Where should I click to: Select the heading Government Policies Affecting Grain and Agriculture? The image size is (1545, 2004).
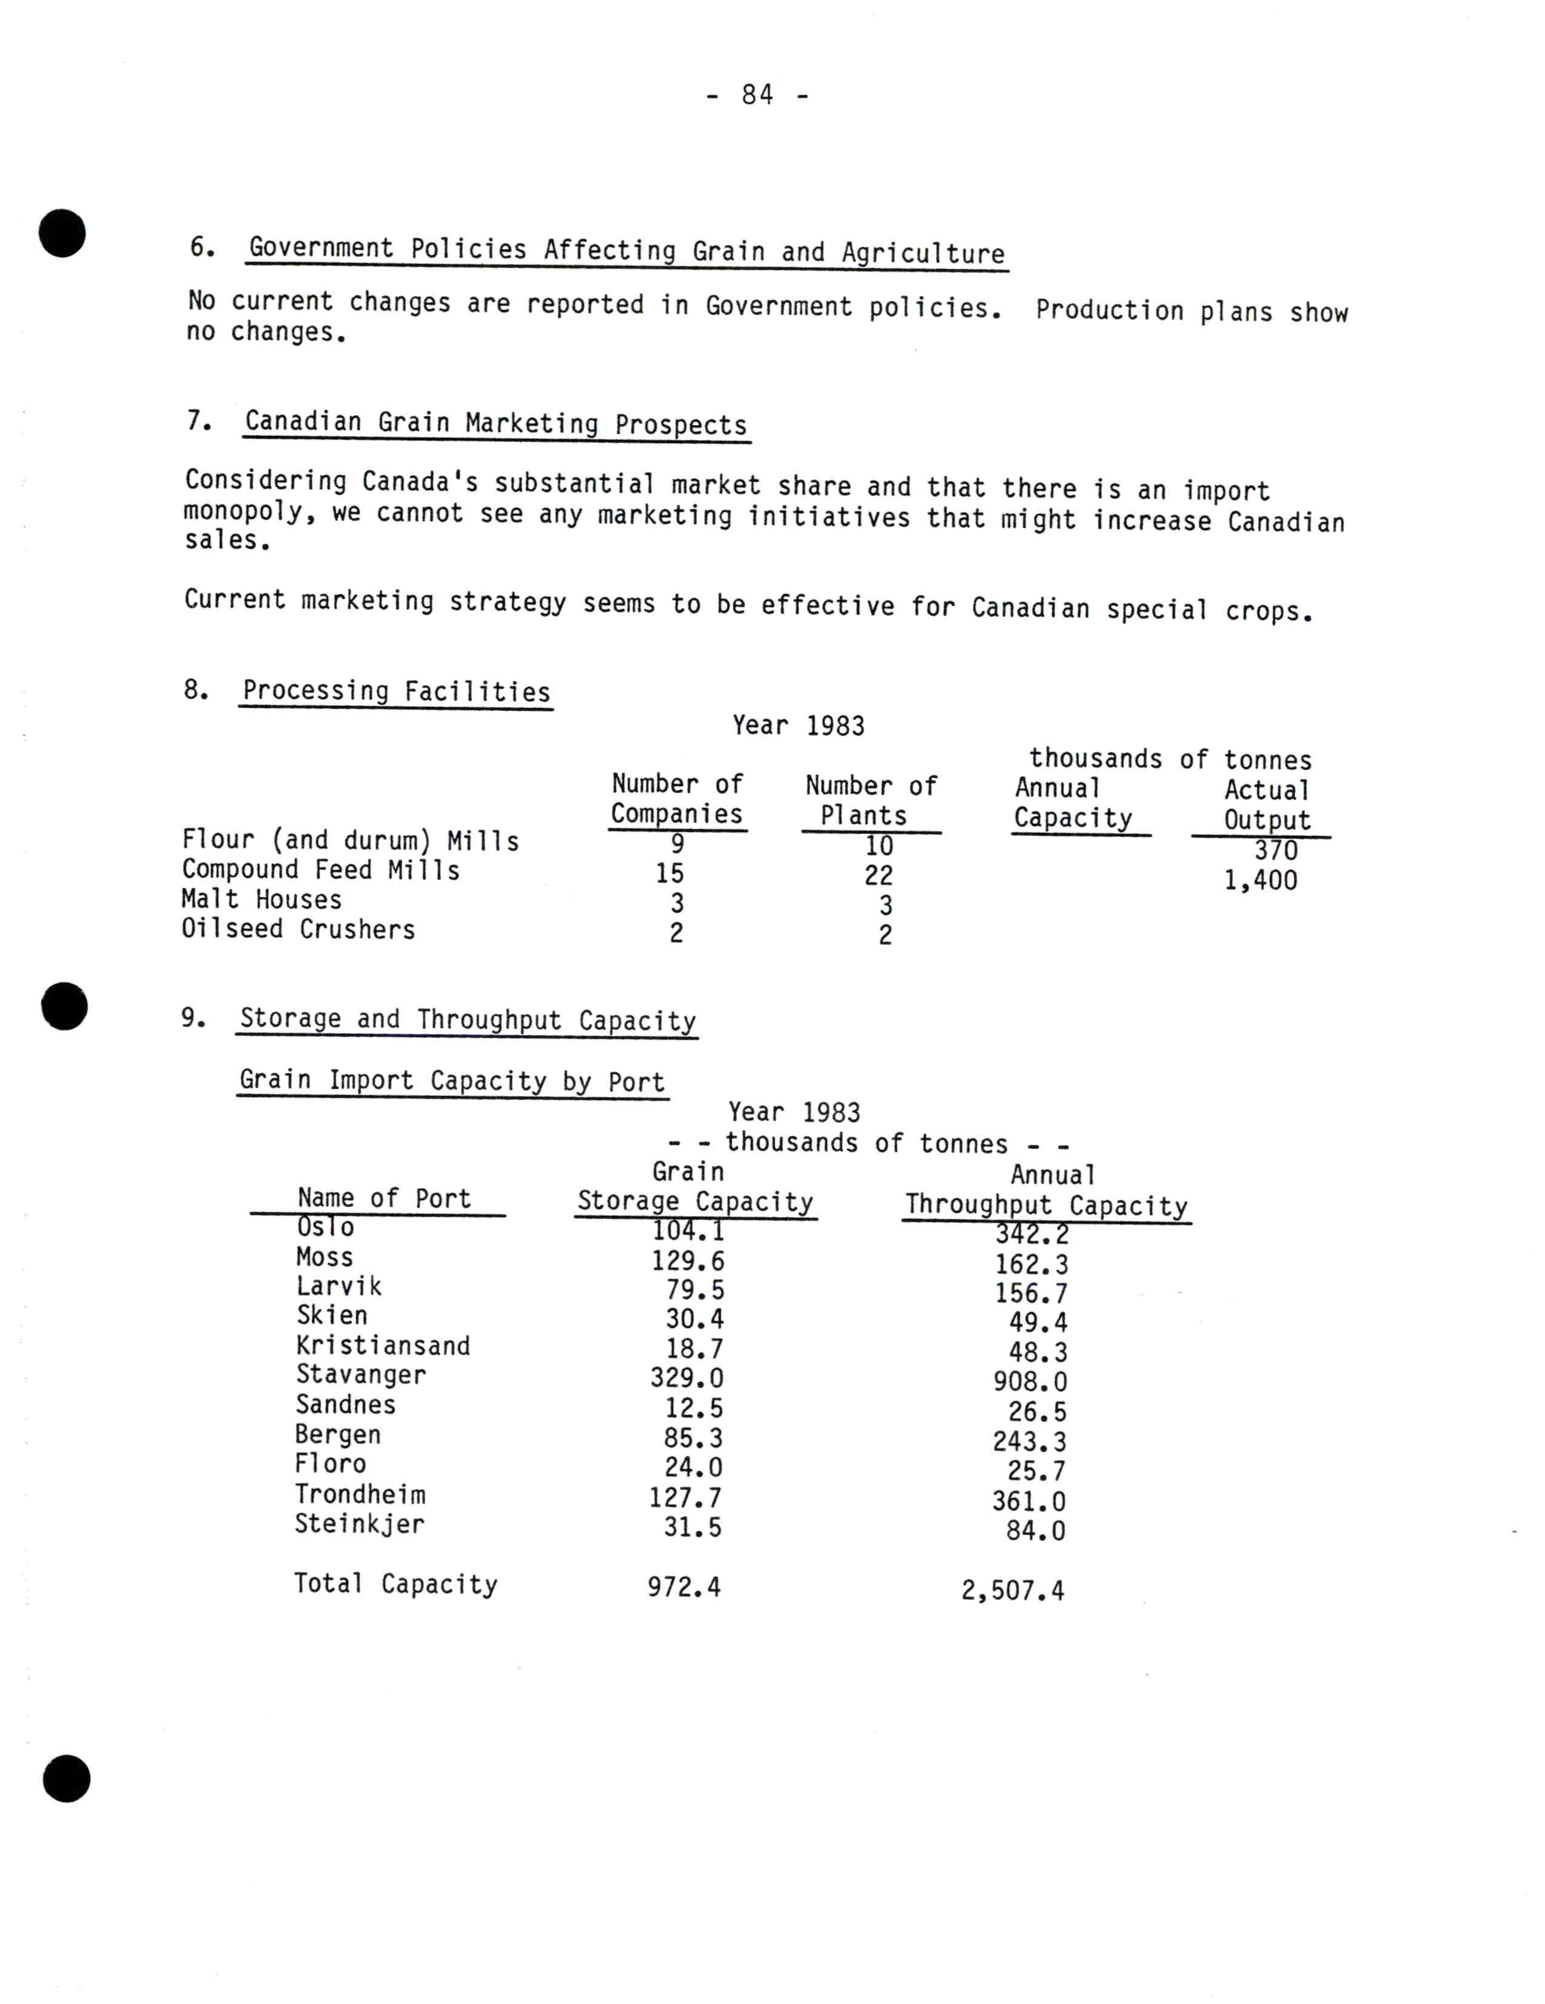[x=627, y=250]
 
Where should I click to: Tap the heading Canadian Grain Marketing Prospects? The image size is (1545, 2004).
[x=496, y=423]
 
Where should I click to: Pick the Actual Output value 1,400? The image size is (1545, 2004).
[x=1261, y=881]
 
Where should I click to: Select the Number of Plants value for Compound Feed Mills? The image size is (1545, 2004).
[x=878, y=875]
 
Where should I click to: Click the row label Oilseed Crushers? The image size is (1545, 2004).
[x=298, y=929]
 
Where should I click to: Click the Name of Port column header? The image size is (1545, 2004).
[x=384, y=1198]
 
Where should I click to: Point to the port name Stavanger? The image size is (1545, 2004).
[x=361, y=1375]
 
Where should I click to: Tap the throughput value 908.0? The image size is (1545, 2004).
[x=1030, y=1382]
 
